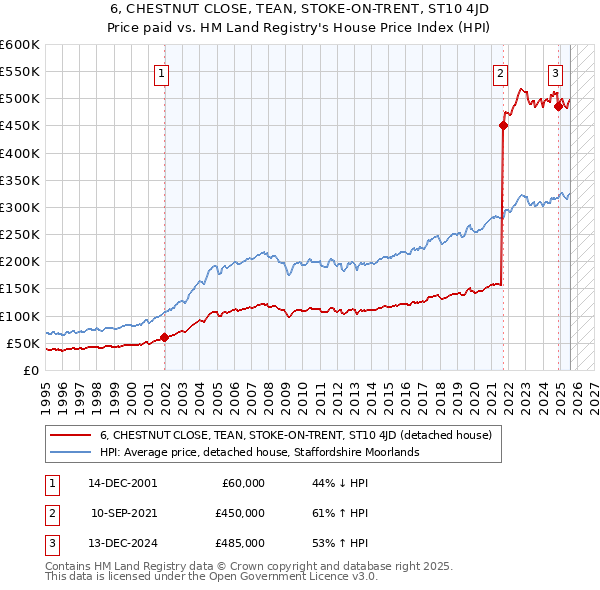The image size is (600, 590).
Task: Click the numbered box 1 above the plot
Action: pyautogui.click(x=162, y=72)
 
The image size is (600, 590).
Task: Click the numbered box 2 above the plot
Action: pyautogui.click(x=499, y=72)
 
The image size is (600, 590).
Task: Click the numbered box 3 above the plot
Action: pyautogui.click(x=555, y=72)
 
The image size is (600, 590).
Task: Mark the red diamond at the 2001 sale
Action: pyautogui.click(x=164, y=337)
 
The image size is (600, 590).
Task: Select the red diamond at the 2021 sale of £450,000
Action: pyautogui.click(x=502, y=125)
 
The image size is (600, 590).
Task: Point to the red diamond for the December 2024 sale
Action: pyautogui.click(x=558, y=106)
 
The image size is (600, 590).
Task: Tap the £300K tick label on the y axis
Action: pyautogui.click(x=20, y=207)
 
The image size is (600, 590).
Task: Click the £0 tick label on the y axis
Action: pyautogui.click(x=30, y=370)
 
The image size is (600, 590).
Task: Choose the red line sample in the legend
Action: pyautogui.click(x=71, y=436)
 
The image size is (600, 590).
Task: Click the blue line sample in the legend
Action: pyautogui.click(x=71, y=452)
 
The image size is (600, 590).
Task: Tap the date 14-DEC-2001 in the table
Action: pyautogui.click(x=123, y=483)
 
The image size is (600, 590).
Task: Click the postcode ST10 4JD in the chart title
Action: pyautogui.click(x=433, y=9)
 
